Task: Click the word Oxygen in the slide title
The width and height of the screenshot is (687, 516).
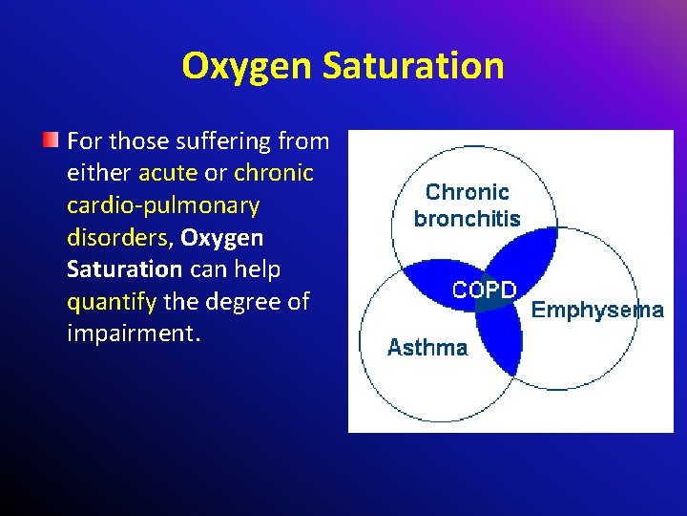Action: coord(248,66)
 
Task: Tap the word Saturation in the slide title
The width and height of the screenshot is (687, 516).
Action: coord(413,66)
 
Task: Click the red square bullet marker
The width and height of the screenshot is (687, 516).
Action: coord(52,140)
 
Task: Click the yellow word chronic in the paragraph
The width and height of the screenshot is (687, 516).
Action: coord(274,173)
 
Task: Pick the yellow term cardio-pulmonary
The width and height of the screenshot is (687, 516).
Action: coord(163,205)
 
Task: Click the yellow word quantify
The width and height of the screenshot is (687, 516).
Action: coord(112,302)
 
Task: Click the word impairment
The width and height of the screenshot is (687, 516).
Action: coord(133,334)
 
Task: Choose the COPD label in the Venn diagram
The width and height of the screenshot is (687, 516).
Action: coord(485,290)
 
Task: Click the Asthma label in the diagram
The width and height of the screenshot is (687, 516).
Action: coord(427,348)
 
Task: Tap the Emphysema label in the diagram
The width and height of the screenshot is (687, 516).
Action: coord(597,310)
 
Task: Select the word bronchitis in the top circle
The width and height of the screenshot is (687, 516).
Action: coord(467,219)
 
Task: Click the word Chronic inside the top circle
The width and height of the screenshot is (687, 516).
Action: coord(467,192)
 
